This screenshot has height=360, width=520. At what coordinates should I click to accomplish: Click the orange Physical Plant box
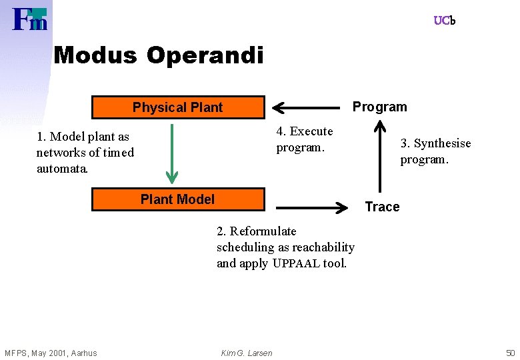click(177, 107)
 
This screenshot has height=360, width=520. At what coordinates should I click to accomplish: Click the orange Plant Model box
click(177, 199)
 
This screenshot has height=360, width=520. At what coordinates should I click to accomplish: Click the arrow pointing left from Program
click(307, 107)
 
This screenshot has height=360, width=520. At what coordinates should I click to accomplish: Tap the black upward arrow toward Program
click(380, 157)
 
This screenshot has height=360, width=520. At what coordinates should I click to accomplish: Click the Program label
click(379, 107)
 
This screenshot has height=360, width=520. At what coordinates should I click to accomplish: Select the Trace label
click(382, 207)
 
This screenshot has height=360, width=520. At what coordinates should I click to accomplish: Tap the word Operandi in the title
click(205, 55)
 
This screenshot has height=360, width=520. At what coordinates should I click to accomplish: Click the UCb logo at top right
click(444, 21)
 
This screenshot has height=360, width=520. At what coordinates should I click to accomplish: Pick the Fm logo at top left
click(30, 19)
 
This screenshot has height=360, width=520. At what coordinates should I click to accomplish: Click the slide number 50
click(510, 353)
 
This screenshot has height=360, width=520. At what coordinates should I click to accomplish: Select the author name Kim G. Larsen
click(247, 353)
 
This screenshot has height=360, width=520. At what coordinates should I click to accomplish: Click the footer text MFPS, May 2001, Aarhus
click(51, 353)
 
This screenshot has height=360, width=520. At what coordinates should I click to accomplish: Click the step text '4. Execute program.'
click(305, 139)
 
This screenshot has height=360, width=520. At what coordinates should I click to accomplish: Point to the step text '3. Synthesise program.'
click(435, 151)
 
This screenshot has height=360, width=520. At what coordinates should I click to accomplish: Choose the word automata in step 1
click(61, 169)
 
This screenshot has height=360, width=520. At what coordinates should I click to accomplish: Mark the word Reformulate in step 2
click(263, 231)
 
